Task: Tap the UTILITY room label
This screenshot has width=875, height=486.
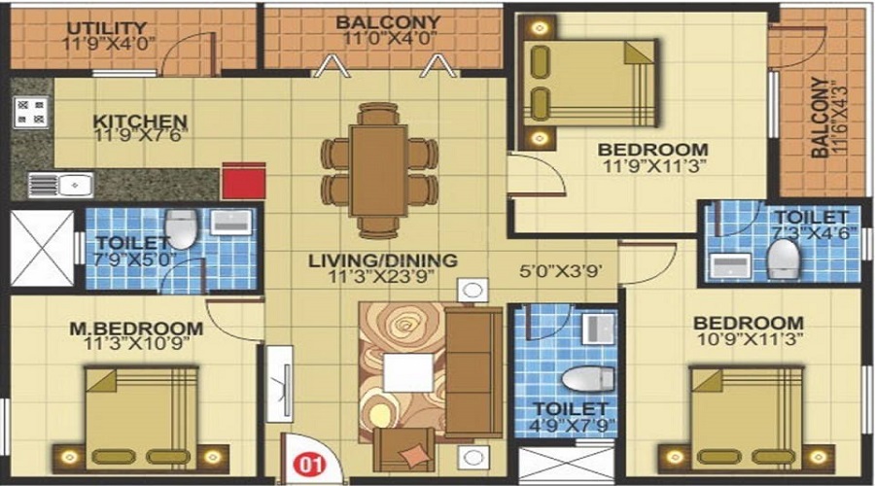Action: click(x=107, y=28)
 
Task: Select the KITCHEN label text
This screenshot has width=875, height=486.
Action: click(x=140, y=121)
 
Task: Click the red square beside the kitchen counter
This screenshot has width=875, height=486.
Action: click(x=243, y=181)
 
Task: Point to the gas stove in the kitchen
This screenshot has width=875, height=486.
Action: click(x=31, y=112)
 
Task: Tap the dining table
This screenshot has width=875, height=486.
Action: click(x=378, y=170)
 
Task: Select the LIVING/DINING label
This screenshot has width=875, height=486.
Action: click(x=383, y=260)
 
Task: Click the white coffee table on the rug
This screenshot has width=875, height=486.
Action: click(x=409, y=372)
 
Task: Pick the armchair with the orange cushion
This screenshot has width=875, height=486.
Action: click(x=404, y=450)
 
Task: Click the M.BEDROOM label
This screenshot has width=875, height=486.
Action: click(x=136, y=329)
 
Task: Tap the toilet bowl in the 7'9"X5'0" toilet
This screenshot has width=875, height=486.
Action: click(x=182, y=229)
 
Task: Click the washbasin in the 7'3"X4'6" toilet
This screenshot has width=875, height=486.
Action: click(x=730, y=265)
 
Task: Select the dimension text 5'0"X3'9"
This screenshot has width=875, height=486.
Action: click(x=560, y=272)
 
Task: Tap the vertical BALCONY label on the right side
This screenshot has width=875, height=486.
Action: click(x=820, y=118)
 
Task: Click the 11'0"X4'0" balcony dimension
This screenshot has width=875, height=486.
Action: click(x=388, y=39)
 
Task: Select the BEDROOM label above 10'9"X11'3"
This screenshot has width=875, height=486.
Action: click(x=749, y=323)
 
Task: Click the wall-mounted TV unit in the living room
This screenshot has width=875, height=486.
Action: click(x=279, y=384)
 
